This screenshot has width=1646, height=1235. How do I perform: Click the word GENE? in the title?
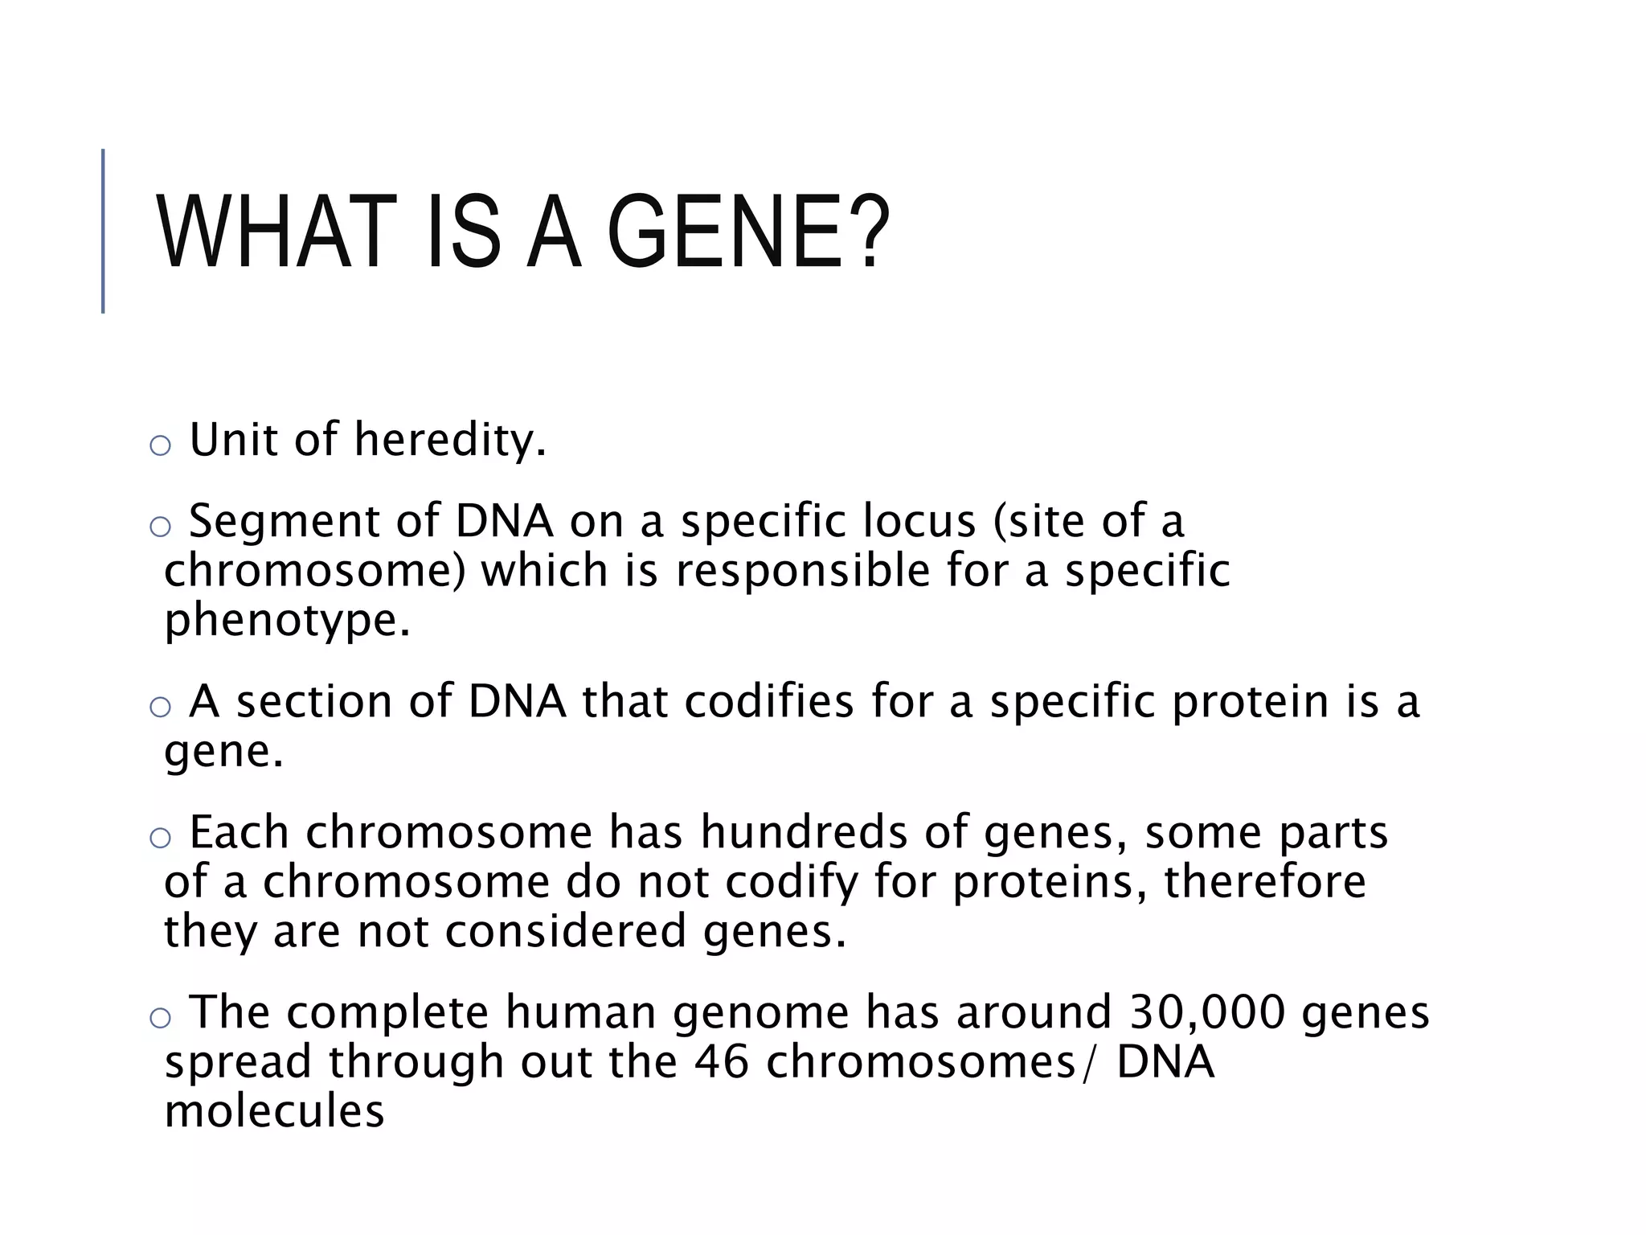pos(747,233)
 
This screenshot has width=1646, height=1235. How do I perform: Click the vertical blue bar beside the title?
pos(103,231)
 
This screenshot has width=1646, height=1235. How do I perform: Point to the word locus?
pos(919,520)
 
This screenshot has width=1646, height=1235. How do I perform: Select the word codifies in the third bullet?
pos(768,701)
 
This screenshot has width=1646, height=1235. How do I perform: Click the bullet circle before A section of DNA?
pos(161,707)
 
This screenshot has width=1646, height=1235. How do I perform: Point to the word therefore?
pos(1264,881)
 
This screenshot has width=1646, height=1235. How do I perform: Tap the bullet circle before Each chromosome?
pos(161,838)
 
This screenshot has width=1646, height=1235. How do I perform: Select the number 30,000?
pos(1206,1012)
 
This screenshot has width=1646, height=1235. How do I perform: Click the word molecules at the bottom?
pos(274,1111)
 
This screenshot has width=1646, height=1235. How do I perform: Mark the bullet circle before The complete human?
pos(161,1018)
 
